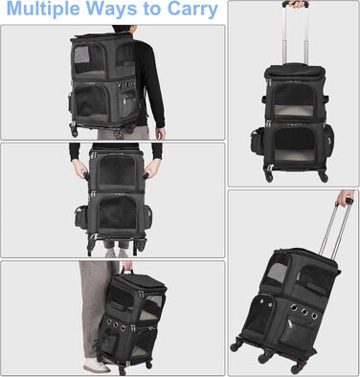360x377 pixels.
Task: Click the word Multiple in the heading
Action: click(x=43, y=10)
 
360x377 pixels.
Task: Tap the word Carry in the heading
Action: click(x=192, y=10)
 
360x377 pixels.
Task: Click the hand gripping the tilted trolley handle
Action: click(x=345, y=198)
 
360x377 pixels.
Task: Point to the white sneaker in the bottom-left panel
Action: click(x=96, y=366)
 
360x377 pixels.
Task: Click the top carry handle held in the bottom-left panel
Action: click(x=128, y=272)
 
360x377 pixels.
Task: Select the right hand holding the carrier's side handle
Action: click(x=152, y=168)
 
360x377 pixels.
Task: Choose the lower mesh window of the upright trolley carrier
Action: click(x=295, y=144)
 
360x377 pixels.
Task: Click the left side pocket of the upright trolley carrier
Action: click(x=258, y=142)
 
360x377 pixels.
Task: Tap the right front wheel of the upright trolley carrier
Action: click(x=323, y=177)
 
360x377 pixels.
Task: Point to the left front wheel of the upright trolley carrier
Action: click(x=268, y=177)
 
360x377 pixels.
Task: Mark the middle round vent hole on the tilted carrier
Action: click(x=304, y=312)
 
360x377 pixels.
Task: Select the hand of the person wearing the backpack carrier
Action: click(x=160, y=133)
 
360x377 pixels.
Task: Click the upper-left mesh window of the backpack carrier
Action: click(x=89, y=59)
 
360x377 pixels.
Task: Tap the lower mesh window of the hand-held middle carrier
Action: click(x=118, y=212)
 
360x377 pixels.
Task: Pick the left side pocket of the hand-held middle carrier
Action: click(x=81, y=217)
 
